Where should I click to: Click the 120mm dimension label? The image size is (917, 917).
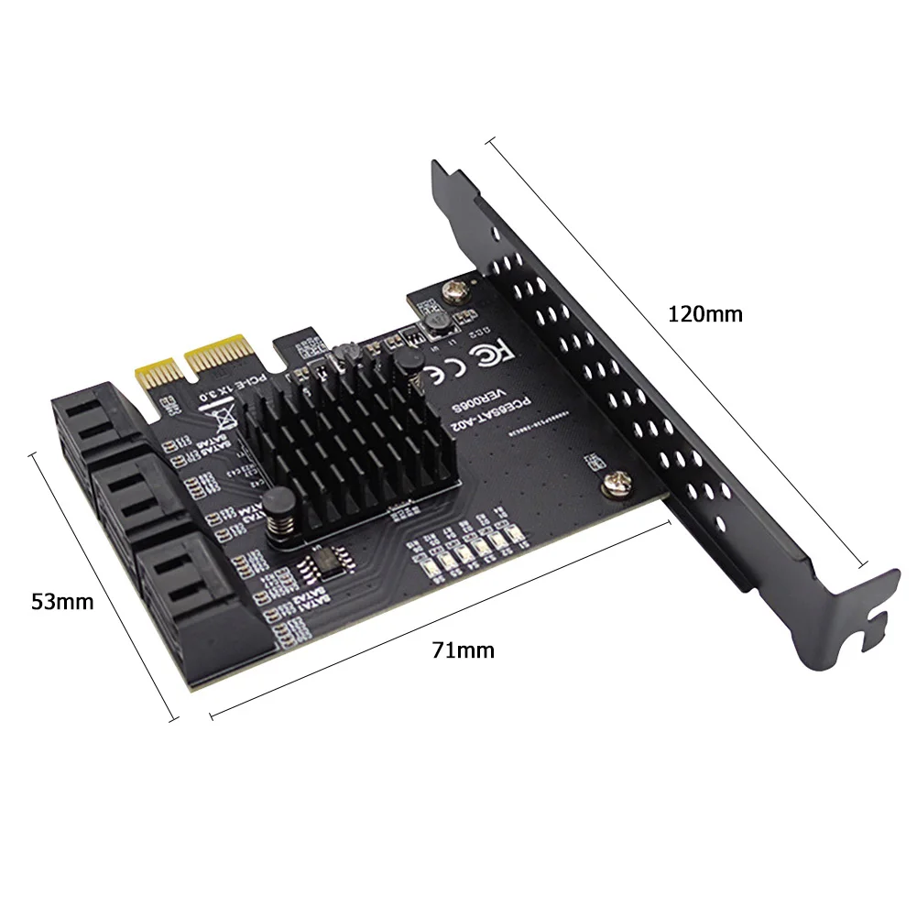pos(704,314)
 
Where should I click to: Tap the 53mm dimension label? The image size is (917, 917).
pos(62,602)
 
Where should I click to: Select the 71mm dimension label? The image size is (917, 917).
pos(463,650)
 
